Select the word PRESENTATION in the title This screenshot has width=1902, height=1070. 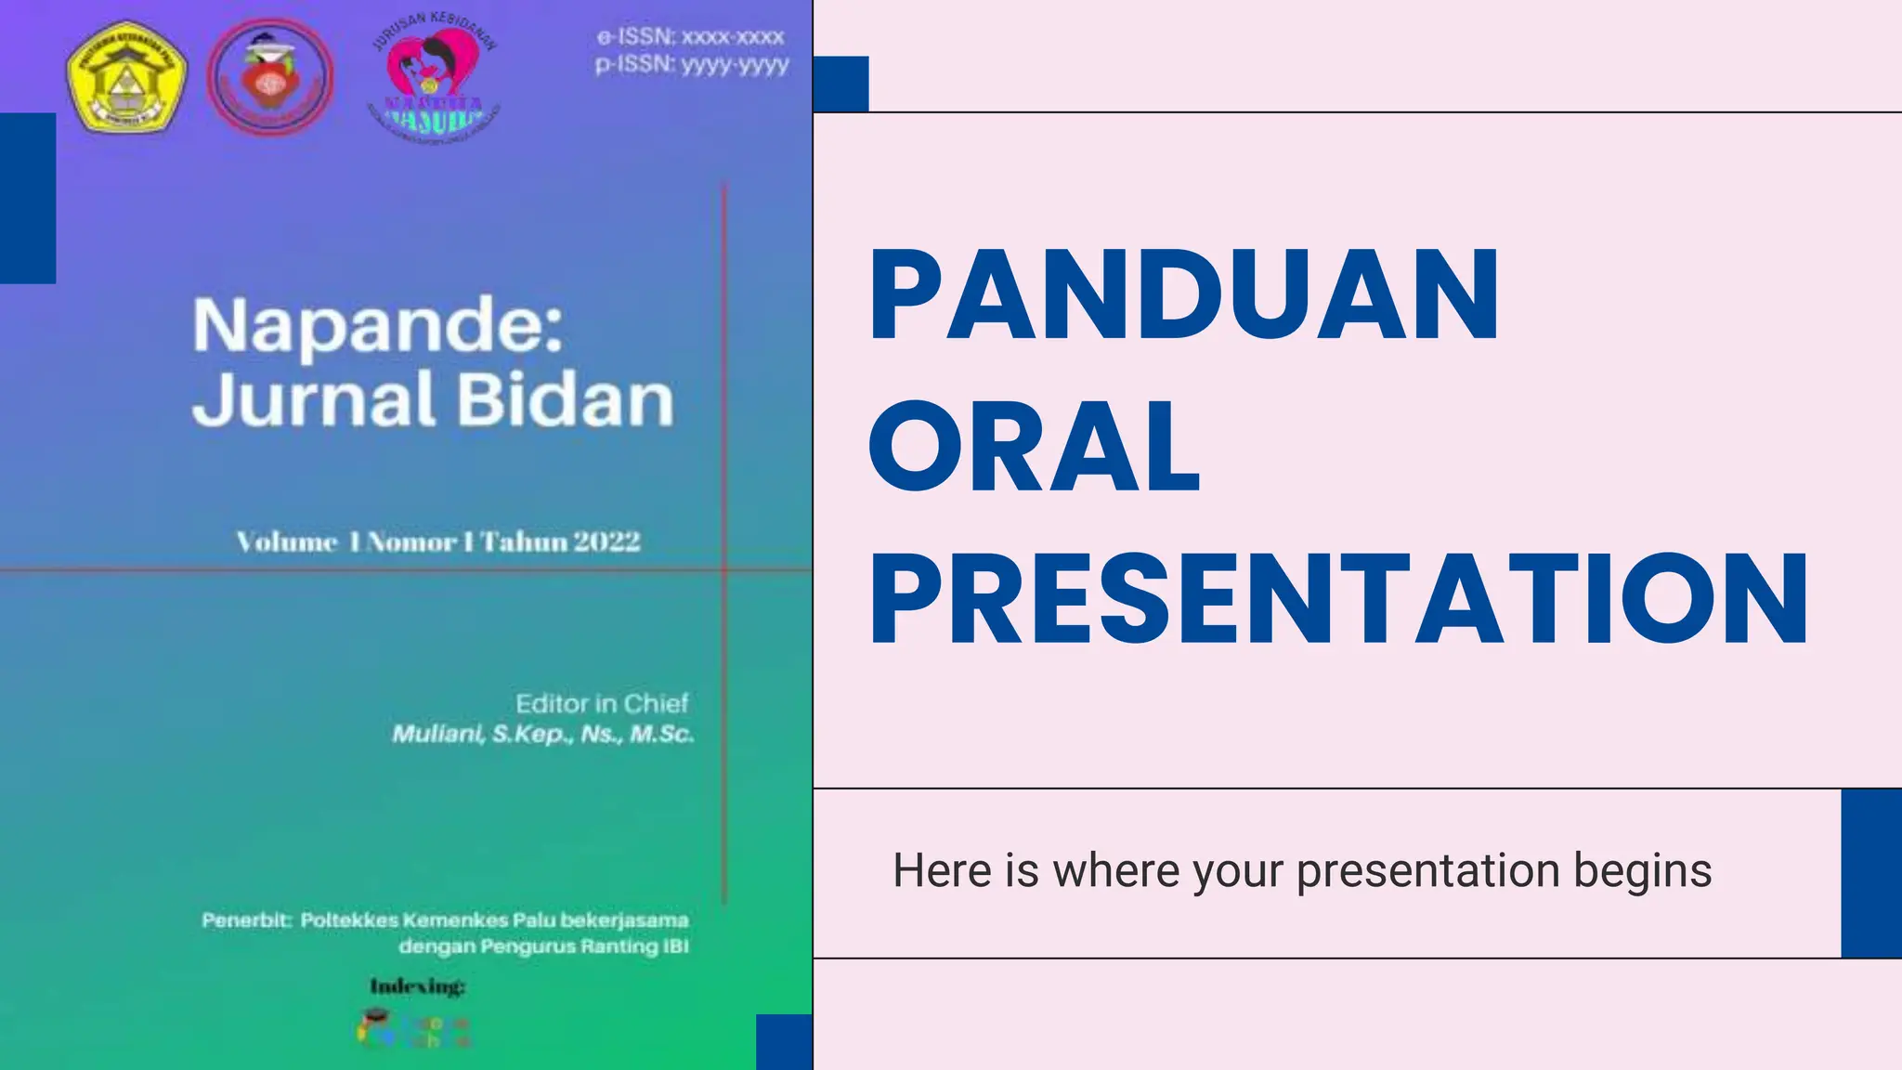pos(1338,598)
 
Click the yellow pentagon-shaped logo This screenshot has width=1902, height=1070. pos(126,77)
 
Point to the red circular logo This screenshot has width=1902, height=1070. pos(269,77)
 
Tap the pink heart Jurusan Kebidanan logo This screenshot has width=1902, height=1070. pos(435,79)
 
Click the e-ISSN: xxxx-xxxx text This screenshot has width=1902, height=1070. pos(691,37)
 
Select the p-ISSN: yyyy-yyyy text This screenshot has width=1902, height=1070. pos(692,64)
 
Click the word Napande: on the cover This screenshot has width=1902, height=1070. pos(378,325)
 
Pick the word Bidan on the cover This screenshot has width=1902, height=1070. pos(565,400)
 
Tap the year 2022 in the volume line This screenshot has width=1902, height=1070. pos(606,542)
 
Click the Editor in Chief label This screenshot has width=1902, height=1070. pos(602,703)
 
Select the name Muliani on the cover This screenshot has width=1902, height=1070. pos(436,735)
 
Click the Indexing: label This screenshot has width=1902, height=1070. pos(417,986)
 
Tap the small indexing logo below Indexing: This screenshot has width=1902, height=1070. pos(414,1029)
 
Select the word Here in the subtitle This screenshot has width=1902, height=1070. pos(942,871)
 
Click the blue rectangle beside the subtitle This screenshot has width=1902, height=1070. pos(1870,873)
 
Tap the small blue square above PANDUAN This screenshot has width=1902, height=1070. pos(840,84)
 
